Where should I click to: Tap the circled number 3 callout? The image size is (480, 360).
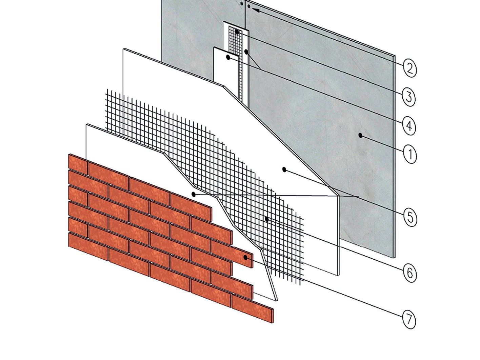click(409, 98)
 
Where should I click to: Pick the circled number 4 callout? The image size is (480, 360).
click(409, 126)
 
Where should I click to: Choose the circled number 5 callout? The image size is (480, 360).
click(410, 218)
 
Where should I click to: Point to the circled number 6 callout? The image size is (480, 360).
click(410, 274)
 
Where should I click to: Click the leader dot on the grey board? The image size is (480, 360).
click(360, 136)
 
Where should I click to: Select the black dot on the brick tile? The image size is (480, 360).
click(245, 258)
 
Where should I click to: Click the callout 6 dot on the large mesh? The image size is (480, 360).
click(267, 219)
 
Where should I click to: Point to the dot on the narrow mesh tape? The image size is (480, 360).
click(237, 32)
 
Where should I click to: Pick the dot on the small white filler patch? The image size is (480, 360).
click(228, 58)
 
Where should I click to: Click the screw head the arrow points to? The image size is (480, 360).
click(249, 6)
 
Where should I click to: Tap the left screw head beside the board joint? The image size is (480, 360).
click(241, 3)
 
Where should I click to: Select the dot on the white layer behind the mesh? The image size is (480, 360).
click(284, 169)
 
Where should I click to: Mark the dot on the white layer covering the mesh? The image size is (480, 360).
click(193, 194)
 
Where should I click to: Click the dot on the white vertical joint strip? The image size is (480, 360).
click(246, 52)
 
